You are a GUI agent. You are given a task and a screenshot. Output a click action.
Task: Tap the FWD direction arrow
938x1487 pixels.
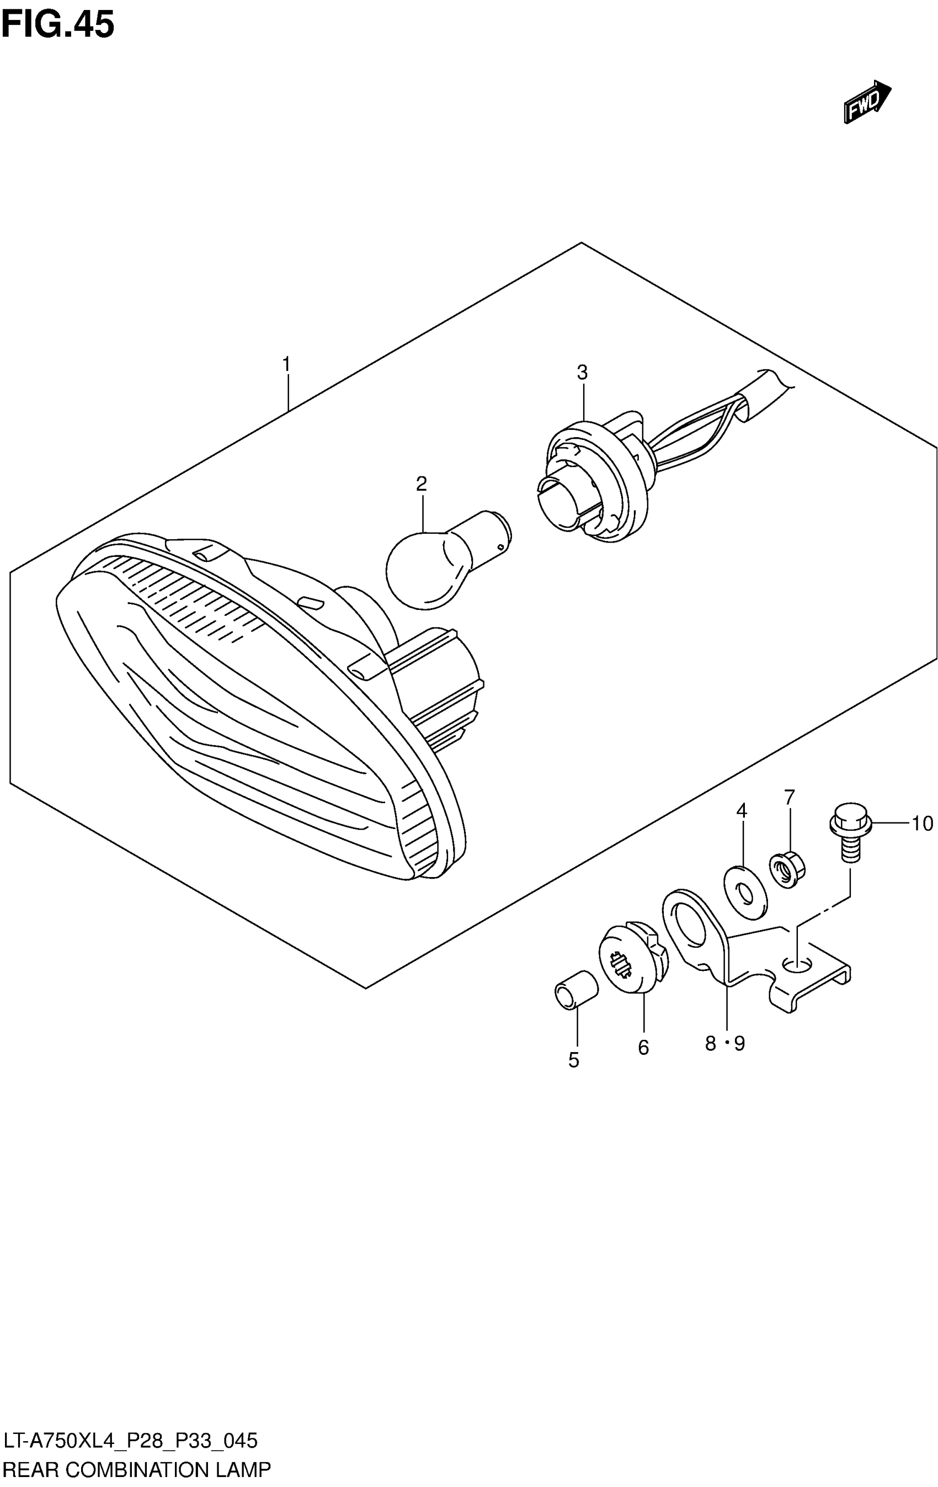click(x=866, y=102)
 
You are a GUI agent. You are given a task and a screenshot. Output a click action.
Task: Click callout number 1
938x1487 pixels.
click(x=286, y=364)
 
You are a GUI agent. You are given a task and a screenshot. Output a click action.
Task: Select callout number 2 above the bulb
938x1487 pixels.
click(x=422, y=484)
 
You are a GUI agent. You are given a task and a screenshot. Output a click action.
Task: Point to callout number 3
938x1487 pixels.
click(x=582, y=373)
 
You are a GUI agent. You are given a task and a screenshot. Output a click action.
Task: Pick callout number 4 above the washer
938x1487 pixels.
click(x=742, y=810)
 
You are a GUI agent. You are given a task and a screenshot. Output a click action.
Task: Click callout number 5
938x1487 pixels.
click(x=574, y=1060)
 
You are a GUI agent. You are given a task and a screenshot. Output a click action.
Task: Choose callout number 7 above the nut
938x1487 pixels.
click(x=789, y=797)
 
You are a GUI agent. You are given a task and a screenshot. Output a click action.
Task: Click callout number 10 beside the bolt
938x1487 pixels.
click(x=923, y=823)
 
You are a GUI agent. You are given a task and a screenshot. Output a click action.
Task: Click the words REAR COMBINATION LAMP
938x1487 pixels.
click(x=136, y=1470)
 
